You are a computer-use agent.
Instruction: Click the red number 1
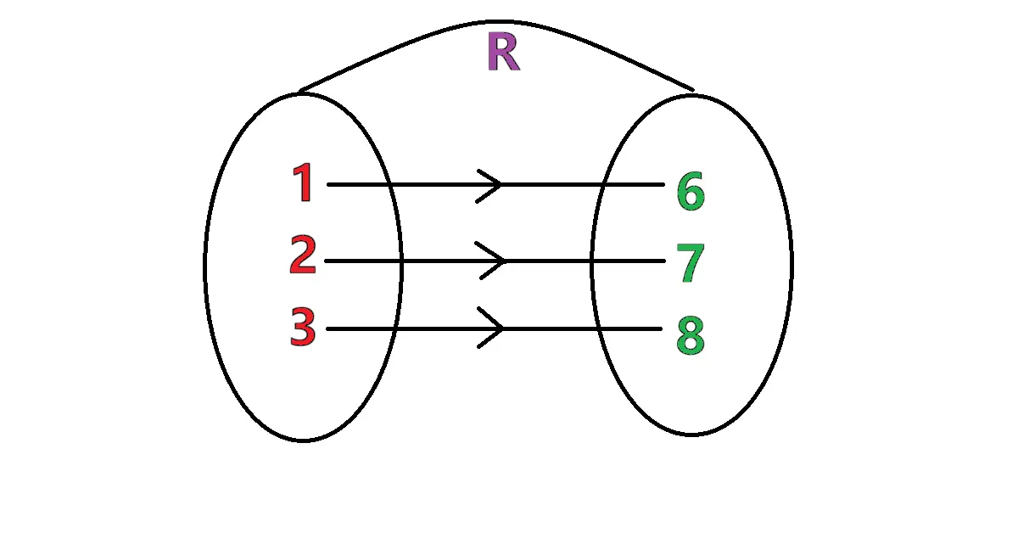coord(303,183)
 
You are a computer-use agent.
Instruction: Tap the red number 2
coord(303,256)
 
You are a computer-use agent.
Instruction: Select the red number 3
coord(303,328)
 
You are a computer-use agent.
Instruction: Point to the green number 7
coord(691,263)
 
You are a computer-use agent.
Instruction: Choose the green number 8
coord(691,336)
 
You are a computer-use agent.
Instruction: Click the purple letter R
coord(502,53)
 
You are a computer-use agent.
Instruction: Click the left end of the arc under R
coord(300,90)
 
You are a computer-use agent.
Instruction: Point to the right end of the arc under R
coord(694,89)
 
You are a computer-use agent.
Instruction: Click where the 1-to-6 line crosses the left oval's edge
coord(388,184)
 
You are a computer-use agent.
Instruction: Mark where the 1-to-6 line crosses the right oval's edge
coord(603,184)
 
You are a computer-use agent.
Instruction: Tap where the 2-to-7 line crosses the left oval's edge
coord(400,261)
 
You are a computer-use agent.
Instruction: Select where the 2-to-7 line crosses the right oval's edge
coord(592,261)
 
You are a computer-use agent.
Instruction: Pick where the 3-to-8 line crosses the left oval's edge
coord(394,328)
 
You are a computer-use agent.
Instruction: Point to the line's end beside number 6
coord(663,184)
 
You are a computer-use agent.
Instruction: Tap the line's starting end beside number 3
coord(327,328)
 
